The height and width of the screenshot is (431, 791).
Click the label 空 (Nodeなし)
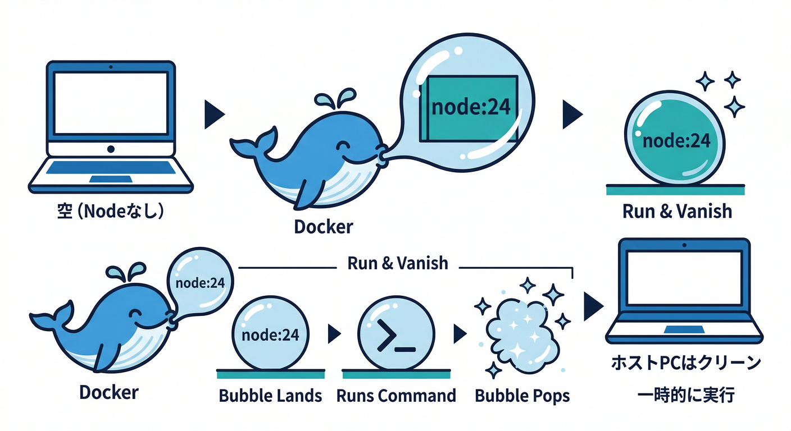click(x=111, y=213)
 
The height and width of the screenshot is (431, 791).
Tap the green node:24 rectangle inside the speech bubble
click(x=471, y=108)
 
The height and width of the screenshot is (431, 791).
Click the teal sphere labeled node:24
click(x=676, y=140)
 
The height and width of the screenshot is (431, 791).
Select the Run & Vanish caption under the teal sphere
click(x=678, y=212)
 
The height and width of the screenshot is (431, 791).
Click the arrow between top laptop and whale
click(x=214, y=114)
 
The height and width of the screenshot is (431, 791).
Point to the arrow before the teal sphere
click(x=572, y=114)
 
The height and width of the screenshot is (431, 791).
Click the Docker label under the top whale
click(x=324, y=227)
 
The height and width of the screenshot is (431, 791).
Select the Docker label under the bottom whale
click(x=109, y=392)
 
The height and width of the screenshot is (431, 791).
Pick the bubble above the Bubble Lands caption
click(x=270, y=335)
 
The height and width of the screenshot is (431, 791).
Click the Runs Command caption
click(x=396, y=396)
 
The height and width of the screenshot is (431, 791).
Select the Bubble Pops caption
click(x=522, y=396)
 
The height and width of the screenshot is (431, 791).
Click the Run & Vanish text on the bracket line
click(x=398, y=263)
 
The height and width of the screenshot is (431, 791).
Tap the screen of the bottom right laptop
click(x=684, y=278)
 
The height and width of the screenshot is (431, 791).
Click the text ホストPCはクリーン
click(x=685, y=363)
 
